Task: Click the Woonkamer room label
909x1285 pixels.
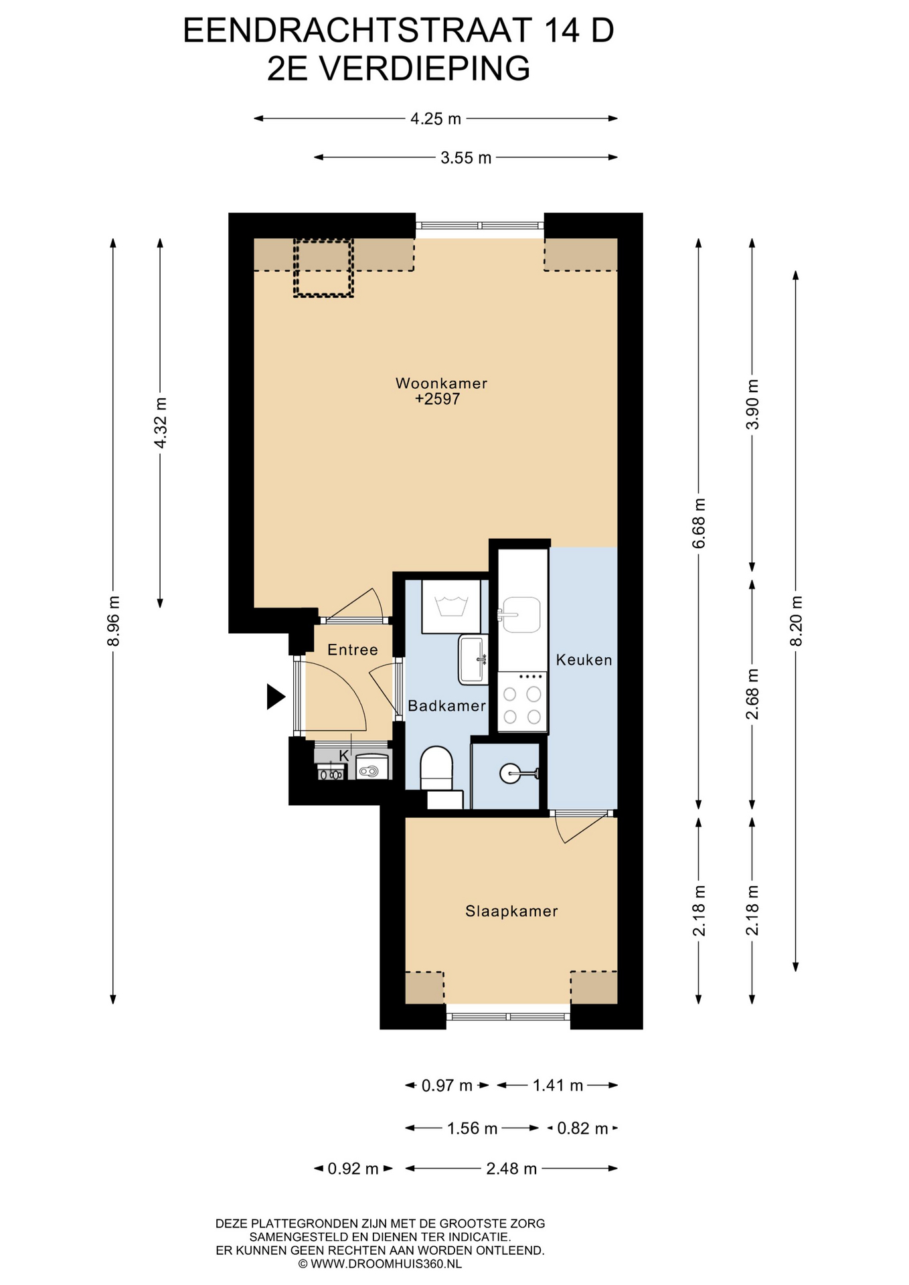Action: (441, 383)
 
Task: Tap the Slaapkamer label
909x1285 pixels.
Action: (511, 911)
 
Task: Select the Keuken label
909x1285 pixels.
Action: (584, 660)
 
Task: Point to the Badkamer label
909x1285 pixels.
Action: (446, 705)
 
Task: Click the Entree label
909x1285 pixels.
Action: (353, 650)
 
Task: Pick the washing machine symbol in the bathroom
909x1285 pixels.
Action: (451, 606)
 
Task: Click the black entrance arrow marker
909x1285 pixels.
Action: (275, 697)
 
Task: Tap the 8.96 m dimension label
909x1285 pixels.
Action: (113, 621)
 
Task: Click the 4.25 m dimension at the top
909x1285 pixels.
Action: (436, 118)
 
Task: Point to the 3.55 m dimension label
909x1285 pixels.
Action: (466, 158)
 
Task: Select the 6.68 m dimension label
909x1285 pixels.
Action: (699, 523)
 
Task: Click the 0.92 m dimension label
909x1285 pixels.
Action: (353, 1169)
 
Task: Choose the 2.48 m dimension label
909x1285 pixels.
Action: (511, 1169)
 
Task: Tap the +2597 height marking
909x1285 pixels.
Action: (437, 399)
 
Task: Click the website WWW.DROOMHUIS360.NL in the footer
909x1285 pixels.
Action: (380, 1264)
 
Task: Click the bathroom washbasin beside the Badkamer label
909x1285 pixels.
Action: (473, 660)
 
